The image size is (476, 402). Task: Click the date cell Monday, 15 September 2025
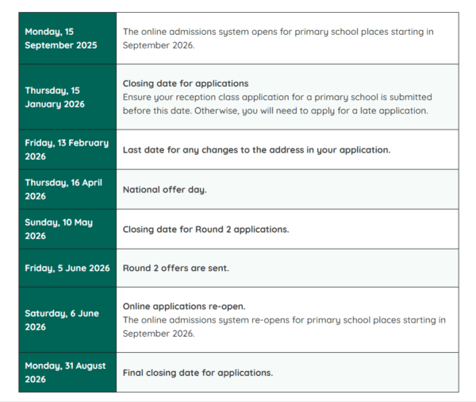pyautogui.click(x=67, y=38)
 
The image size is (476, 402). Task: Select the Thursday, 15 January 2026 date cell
pyautogui.click(x=67, y=97)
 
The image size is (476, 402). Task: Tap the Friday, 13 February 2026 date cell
pyautogui.click(x=67, y=149)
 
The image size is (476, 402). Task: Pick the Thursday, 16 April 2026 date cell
pyautogui.click(x=67, y=189)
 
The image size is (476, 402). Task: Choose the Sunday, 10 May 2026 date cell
pyautogui.click(x=67, y=229)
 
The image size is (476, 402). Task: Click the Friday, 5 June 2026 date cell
pyautogui.click(x=67, y=269)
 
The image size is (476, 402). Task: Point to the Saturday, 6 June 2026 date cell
pyautogui.click(x=67, y=319)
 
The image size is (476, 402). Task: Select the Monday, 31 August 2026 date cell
pyautogui.click(x=67, y=373)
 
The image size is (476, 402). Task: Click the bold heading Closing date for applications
pyautogui.click(x=186, y=83)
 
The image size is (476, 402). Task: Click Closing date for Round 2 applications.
pyautogui.click(x=205, y=230)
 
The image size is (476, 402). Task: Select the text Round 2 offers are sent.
pyautogui.click(x=175, y=269)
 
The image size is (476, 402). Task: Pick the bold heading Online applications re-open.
pyautogui.click(x=184, y=306)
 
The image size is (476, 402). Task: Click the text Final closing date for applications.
pyautogui.click(x=198, y=373)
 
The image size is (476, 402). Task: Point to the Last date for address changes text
pyautogui.click(x=256, y=149)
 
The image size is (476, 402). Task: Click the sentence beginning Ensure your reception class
pyautogui.click(x=278, y=97)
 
